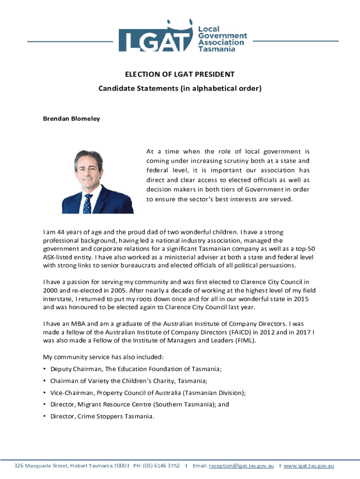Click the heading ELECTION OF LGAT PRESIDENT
pos(180,74)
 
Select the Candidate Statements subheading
pos(180,88)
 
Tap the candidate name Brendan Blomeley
pos(72,119)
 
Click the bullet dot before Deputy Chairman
pos(45,369)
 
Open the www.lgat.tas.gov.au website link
pos(309,466)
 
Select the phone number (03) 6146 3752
pos(164,466)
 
